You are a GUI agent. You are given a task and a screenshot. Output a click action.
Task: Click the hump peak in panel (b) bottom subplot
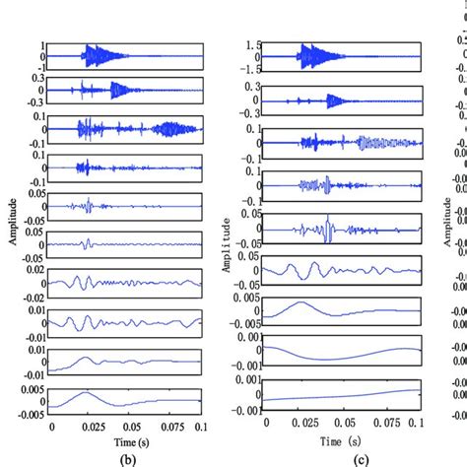(x=88, y=393)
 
